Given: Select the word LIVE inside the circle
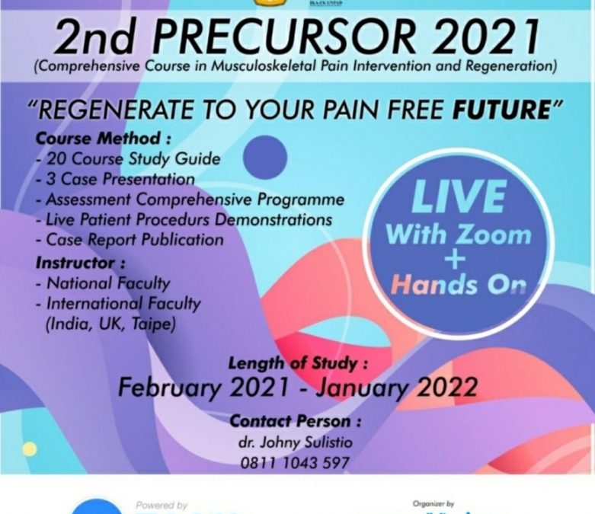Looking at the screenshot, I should click(458, 197).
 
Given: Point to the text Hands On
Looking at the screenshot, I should click(458, 284).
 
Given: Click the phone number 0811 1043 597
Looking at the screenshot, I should click(295, 462).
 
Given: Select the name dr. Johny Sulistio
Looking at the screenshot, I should click(295, 442).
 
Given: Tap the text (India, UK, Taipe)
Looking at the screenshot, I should click(110, 324).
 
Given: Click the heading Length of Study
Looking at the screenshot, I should click(298, 363).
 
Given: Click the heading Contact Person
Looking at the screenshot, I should click(295, 421).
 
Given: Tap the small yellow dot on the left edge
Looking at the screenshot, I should click(29, 449).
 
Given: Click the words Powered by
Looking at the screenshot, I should click(162, 505).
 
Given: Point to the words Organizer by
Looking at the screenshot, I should click(433, 504).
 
